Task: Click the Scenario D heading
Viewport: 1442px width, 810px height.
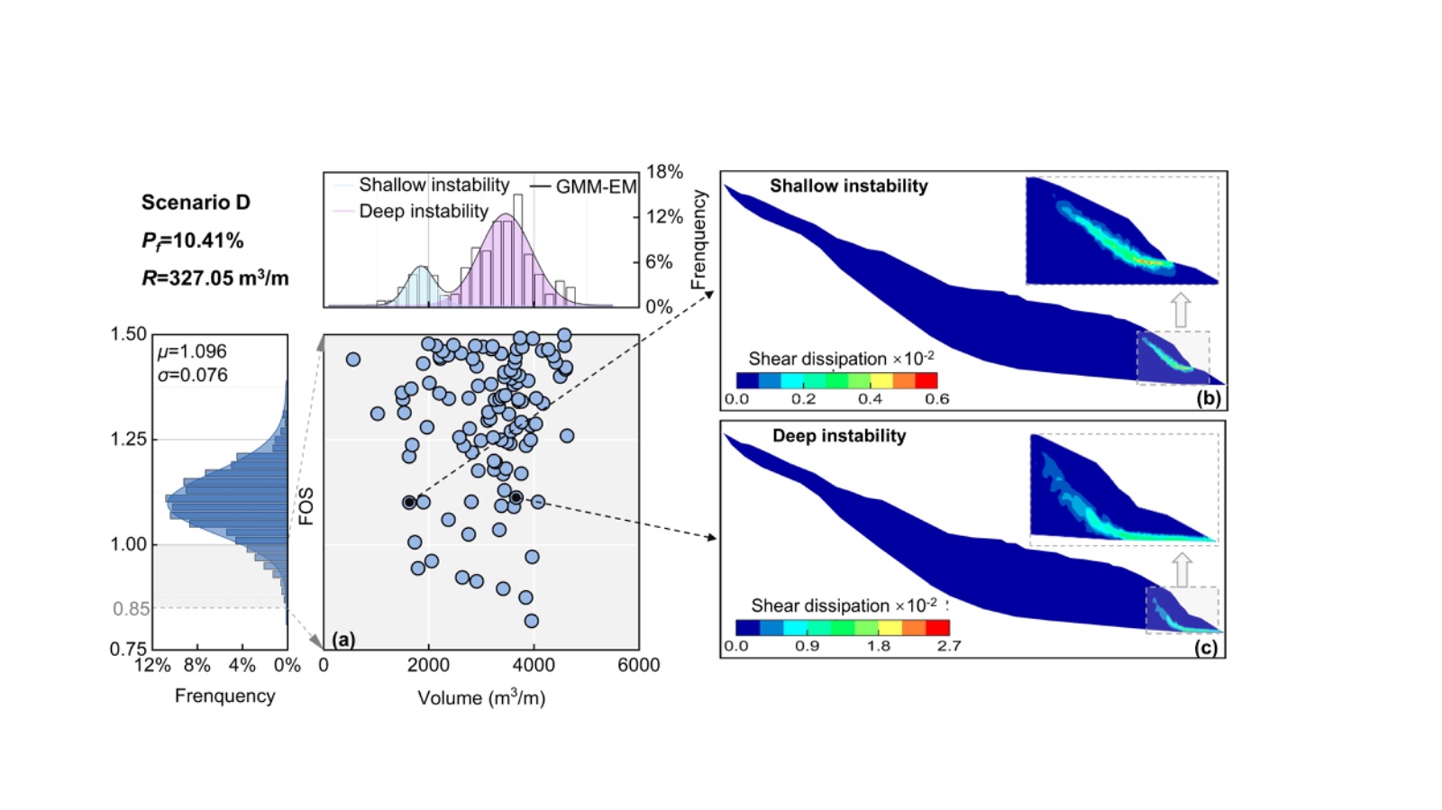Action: point(196,203)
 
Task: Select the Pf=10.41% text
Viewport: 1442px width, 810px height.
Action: point(192,241)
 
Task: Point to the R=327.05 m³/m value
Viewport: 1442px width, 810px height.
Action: point(214,278)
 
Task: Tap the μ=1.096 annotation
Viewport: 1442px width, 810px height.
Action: point(192,351)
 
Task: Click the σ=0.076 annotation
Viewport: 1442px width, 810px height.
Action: point(192,375)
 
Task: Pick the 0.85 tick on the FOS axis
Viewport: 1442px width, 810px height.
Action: point(131,609)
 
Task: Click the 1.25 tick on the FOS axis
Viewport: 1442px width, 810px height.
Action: point(128,440)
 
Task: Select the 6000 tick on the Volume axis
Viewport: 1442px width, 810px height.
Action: point(638,666)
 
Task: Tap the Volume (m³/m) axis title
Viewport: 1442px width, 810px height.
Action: point(481,698)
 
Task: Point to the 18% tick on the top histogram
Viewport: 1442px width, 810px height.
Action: point(664,172)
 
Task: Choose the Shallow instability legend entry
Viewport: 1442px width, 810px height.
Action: point(434,186)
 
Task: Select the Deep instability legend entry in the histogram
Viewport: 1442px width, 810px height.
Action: point(423,212)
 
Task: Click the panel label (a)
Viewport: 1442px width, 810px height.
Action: point(343,639)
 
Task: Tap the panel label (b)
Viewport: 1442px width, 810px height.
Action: point(1208,398)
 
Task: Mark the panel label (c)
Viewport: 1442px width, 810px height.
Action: point(1206,646)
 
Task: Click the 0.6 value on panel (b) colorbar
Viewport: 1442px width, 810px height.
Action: point(936,399)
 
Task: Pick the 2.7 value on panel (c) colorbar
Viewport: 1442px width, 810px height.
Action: point(949,646)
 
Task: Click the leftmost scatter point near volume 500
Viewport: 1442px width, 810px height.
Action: point(353,359)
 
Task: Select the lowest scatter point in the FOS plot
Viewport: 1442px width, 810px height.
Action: point(532,621)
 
